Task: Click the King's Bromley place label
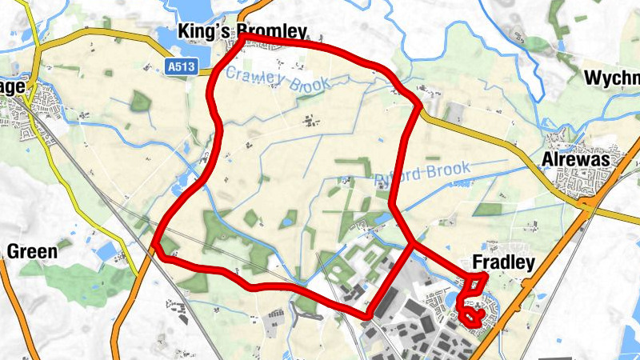pyautogui.click(x=242, y=32)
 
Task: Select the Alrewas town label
pyautogui.click(x=574, y=160)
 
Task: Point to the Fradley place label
pyautogui.click(x=503, y=262)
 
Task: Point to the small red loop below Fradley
pyautogui.click(x=470, y=318)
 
